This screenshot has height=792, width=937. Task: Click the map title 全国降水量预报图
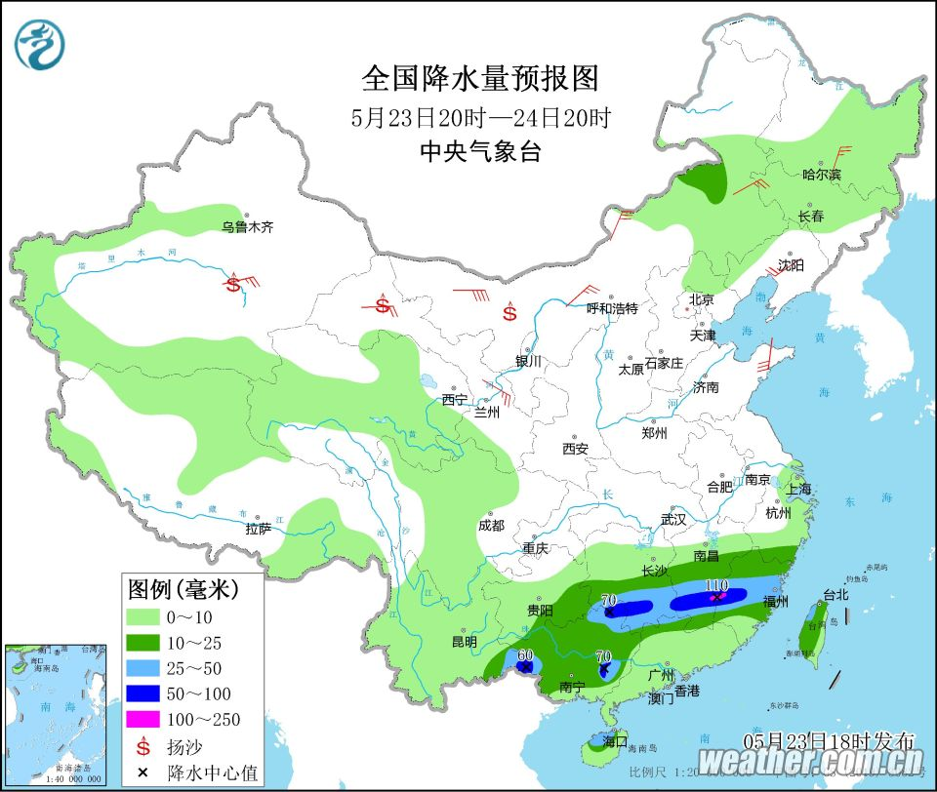[x=479, y=78]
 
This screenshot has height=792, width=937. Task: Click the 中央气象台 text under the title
[x=479, y=152]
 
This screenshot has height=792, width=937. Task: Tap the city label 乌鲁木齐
[x=247, y=227]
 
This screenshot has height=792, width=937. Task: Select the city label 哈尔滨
[x=821, y=175]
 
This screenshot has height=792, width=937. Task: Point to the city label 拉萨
[x=259, y=529]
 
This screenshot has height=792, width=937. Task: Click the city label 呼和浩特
[x=611, y=308]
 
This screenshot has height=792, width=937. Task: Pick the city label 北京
[x=701, y=299]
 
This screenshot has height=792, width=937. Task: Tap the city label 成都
[x=492, y=525]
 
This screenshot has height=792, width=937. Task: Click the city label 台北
[x=809, y=593]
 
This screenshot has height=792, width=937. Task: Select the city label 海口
[x=614, y=741]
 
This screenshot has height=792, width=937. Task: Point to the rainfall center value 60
[x=525, y=654]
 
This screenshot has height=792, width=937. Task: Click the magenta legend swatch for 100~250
[x=143, y=720]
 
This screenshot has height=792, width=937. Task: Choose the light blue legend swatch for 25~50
[x=143, y=668]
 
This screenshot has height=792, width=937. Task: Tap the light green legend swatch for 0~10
[x=143, y=616]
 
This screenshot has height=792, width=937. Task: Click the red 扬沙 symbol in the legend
[x=143, y=746]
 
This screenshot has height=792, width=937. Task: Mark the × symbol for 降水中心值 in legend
[x=143, y=772]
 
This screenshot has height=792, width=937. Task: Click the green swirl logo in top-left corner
[x=38, y=45]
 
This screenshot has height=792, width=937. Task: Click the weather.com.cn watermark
[x=811, y=760]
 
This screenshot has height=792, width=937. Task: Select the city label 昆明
[x=464, y=642]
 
